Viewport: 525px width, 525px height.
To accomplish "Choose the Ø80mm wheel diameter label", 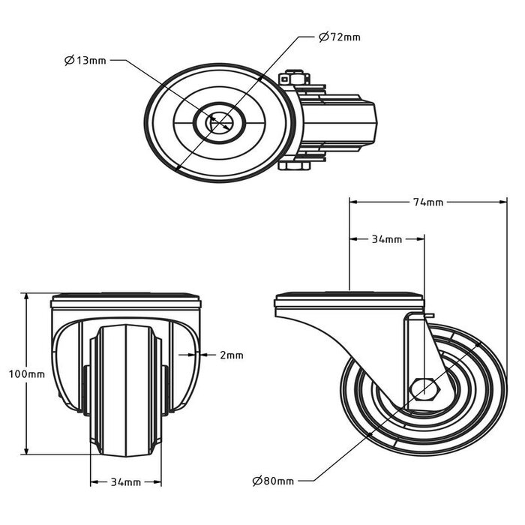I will (273, 481).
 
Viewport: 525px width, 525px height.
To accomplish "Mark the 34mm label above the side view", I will (387, 239).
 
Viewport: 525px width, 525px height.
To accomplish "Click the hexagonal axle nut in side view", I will (426, 389).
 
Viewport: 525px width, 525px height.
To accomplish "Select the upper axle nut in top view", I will (295, 77).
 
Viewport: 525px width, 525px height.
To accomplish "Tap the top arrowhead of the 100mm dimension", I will (27, 296).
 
